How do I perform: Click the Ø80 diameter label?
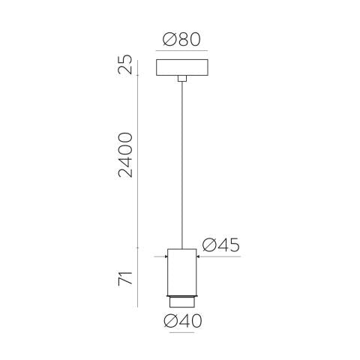(x=181, y=39)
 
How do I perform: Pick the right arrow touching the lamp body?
(x=198, y=256)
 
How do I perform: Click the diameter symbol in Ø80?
(x=168, y=39)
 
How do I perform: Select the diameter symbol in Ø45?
(x=208, y=245)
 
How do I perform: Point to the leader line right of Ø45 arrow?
(x=221, y=256)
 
